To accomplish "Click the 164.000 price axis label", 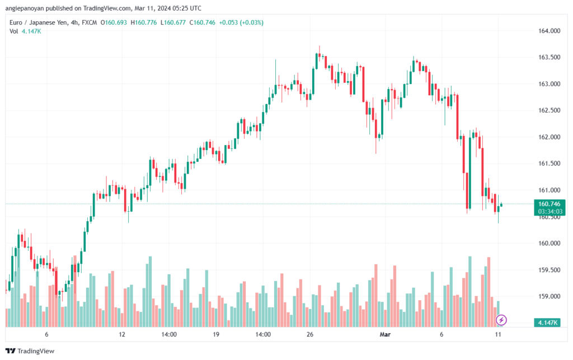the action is pyautogui.click(x=549, y=31).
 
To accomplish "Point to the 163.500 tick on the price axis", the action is pyautogui.click(x=549, y=57).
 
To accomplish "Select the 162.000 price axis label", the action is pyautogui.click(x=549, y=137).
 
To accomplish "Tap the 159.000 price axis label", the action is pyautogui.click(x=549, y=296).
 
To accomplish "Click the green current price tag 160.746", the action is pyautogui.click(x=549, y=204).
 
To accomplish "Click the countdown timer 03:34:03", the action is pyautogui.click(x=550, y=212).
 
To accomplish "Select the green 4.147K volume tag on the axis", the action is pyautogui.click(x=547, y=322).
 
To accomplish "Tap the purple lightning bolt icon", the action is pyautogui.click(x=501, y=320).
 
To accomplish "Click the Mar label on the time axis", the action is pyautogui.click(x=385, y=334).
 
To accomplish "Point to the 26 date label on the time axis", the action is pyautogui.click(x=310, y=334).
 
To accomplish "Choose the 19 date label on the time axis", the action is pyautogui.click(x=216, y=334).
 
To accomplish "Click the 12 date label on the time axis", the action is pyautogui.click(x=122, y=334).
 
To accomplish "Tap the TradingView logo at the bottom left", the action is pyautogui.click(x=30, y=351).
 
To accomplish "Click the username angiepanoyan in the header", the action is pyautogui.click(x=25, y=8).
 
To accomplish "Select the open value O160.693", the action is pyautogui.click(x=114, y=22).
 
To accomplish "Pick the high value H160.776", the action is pyautogui.click(x=144, y=22).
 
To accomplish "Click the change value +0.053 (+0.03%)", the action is pyautogui.click(x=241, y=22).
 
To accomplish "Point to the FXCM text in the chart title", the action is pyautogui.click(x=89, y=22).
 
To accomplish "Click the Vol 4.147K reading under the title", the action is pyautogui.click(x=25, y=31).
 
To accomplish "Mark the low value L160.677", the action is pyautogui.click(x=173, y=22).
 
